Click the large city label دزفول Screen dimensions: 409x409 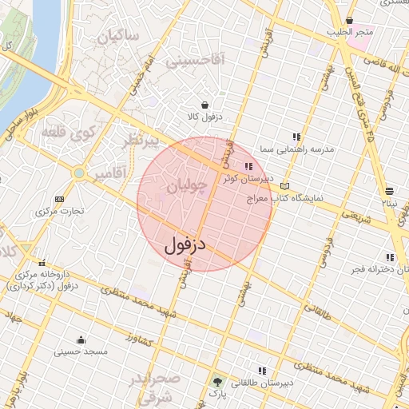pyautogui.click(x=185, y=245)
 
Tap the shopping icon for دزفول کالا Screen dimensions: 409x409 pyautogui.click(x=205, y=105)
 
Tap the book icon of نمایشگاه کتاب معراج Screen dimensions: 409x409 pyautogui.click(x=285, y=185)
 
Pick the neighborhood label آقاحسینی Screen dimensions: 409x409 pyautogui.click(x=195, y=59)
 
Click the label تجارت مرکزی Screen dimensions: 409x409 pyautogui.click(x=59, y=212)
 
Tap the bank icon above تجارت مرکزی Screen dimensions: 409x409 pyautogui.click(x=58, y=199)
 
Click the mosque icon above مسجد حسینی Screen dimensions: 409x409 pyautogui.click(x=81, y=339)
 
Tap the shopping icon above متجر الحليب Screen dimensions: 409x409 pyautogui.click(x=349, y=21)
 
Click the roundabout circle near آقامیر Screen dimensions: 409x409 pyautogui.click(x=79, y=173)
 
